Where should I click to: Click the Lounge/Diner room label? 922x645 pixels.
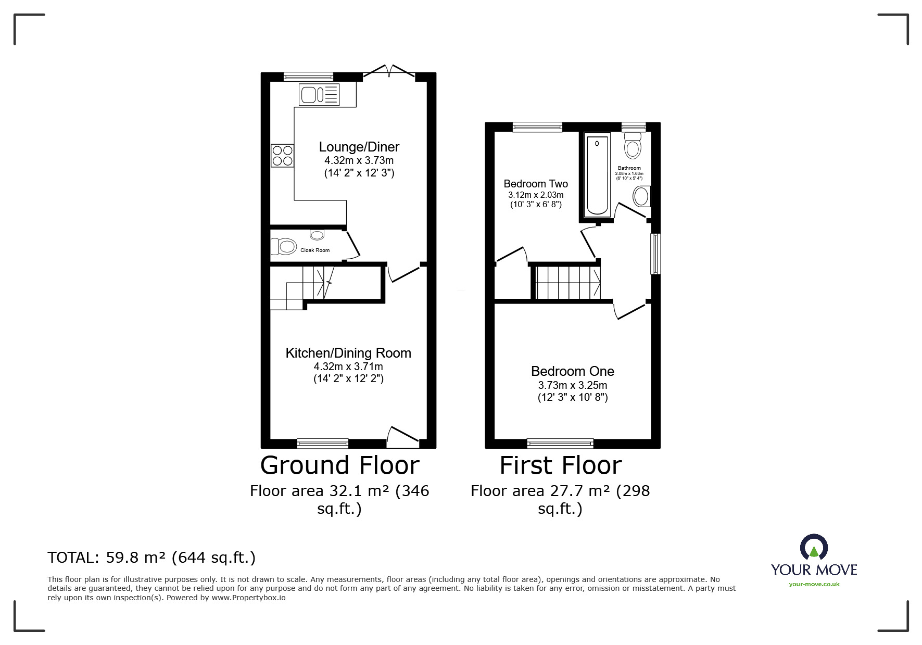[x=359, y=147]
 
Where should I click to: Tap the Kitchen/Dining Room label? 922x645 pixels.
[x=348, y=353]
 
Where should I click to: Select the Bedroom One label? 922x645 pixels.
[x=572, y=371]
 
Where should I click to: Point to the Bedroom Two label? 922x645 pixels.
[x=536, y=184]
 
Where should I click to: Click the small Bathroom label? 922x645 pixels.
[x=629, y=168]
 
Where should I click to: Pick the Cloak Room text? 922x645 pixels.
[x=315, y=250]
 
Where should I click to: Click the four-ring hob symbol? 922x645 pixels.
[x=282, y=156]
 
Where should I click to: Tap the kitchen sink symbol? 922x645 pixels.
[x=319, y=95]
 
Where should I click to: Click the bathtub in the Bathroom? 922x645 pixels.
[x=597, y=174]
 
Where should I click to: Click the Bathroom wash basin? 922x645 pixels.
[x=641, y=197]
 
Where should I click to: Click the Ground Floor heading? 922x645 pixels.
[x=339, y=465]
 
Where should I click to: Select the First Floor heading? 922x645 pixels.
[x=561, y=465]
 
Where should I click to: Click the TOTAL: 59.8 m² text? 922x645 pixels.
[x=151, y=558]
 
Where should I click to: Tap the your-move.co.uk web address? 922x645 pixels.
[x=814, y=584]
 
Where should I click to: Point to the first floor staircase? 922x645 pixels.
[x=568, y=282]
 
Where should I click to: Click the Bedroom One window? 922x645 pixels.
[x=560, y=443]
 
